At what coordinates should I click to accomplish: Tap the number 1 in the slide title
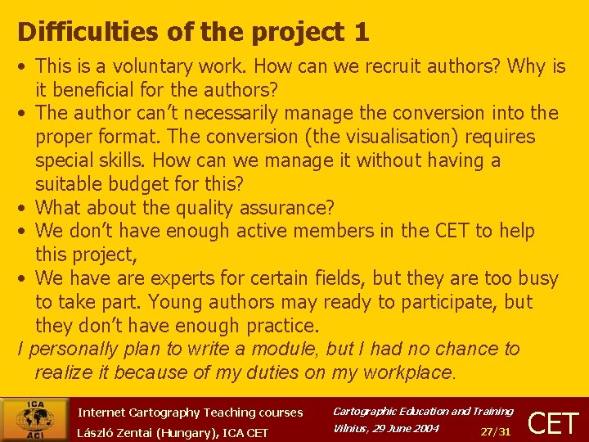click(361, 33)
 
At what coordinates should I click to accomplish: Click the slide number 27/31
click(496, 431)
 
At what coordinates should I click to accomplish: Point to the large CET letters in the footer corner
click(554, 422)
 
